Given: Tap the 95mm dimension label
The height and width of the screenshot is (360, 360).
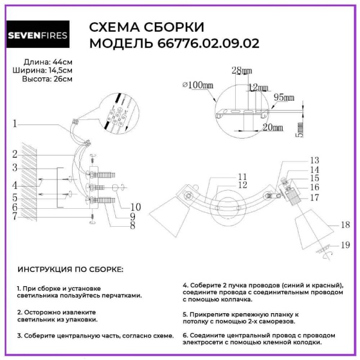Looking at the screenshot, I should click(284, 98).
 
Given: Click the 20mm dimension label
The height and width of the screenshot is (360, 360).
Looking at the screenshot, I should click(272, 127).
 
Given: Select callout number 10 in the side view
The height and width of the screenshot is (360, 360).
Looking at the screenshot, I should click(135, 207).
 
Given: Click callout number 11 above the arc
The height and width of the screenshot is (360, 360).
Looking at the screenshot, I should click(242, 176).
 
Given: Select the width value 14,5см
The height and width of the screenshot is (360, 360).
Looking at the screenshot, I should click(59, 70).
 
